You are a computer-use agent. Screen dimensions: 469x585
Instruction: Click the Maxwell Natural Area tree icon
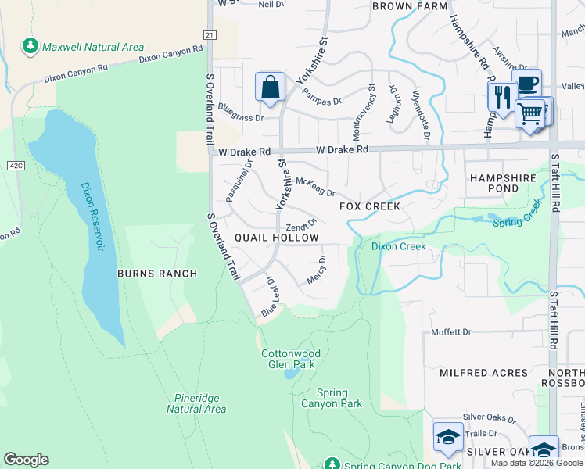[x=31, y=47]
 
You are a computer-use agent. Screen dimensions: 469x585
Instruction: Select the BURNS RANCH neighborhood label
[x=156, y=274]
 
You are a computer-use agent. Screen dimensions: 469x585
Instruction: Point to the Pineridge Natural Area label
[x=196, y=403]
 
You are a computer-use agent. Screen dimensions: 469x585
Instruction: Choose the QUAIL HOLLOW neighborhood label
[x=277, y=238]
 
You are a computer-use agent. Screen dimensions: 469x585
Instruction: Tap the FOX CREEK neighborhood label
[x=369, y=206]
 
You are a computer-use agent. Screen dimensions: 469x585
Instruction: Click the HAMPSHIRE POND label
[x=504, y=183]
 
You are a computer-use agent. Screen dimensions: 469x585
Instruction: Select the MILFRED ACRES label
[x=483, y=373]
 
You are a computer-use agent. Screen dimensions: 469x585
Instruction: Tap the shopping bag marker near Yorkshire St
[x=270, y=88]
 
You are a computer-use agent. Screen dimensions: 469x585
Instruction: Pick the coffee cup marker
[x=528, y=83]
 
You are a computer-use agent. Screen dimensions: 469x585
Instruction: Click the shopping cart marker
[x=530, y=114]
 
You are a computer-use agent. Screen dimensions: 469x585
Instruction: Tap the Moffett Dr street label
[x=452, y=332]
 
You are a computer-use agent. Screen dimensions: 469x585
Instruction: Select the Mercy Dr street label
[x=317, y=270]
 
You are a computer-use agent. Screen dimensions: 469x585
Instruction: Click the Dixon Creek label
[x=399, y=246]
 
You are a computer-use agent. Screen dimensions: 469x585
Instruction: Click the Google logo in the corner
[x=27, y=460]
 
